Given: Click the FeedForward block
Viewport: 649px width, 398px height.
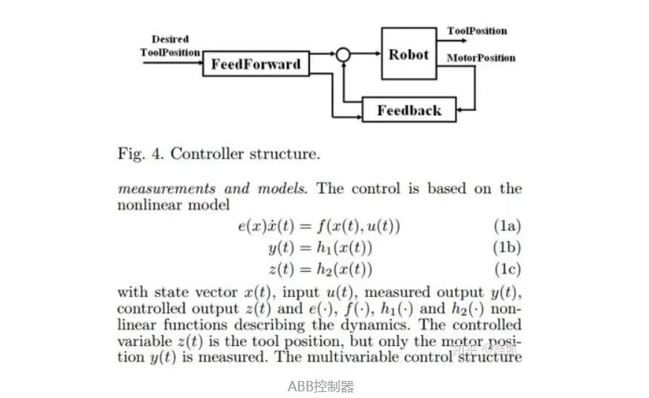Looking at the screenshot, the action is (256, 64).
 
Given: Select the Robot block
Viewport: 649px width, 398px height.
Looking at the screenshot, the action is (409, 54).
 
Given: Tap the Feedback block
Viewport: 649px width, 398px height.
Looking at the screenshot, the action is (410, 110).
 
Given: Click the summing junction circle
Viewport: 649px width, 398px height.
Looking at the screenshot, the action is (343, 54).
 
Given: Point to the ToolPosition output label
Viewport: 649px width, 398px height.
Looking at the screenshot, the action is (477, 31).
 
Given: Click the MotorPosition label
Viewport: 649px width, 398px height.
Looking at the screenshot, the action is (481, 58).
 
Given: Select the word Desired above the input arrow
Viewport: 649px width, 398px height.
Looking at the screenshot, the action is (170, 39).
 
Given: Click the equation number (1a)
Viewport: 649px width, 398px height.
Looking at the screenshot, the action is (508, 225).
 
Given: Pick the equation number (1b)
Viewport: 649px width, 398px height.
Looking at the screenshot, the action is (507, 247).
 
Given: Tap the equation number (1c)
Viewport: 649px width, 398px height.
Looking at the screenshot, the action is (508, 269).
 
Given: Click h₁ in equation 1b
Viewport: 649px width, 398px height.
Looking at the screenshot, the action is (323, 247).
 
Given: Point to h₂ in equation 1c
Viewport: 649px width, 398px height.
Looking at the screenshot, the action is (323, 269).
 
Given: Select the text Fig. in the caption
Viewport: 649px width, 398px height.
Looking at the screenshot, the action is (131, 154).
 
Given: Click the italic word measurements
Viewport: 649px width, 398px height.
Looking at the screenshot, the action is (167, 189).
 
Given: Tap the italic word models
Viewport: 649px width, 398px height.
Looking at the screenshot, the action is (282, 189).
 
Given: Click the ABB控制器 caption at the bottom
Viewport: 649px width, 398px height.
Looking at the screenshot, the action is (320, 386).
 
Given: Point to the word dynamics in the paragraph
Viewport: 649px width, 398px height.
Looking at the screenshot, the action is (375, 326).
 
